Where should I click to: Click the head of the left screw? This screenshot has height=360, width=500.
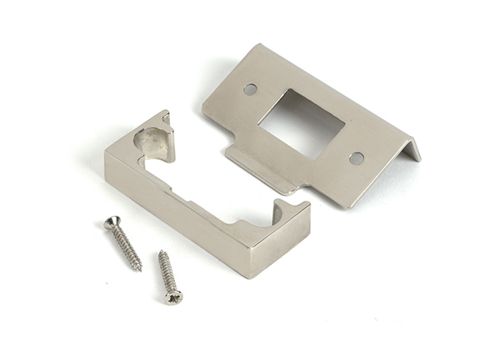(x=110, y=222)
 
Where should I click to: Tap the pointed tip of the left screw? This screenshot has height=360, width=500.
(x=140, y=269)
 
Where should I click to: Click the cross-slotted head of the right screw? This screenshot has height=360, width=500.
(x=173, y=296)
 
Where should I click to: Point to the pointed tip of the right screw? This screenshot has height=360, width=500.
(x=160, y=252)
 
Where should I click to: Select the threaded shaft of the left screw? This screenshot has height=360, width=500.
(x=126, y=246)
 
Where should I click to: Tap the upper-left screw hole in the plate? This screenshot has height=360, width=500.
(x=250, y=88)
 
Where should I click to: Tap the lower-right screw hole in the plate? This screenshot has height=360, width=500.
(x=356, y=157)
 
